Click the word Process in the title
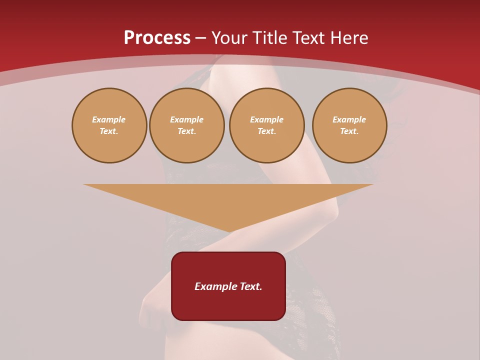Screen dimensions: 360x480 (x=157, y=38)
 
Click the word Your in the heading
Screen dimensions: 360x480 (x=229, y=38)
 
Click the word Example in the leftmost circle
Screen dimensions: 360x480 (x=109, y=119)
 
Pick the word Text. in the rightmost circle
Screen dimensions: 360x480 (x=349, y=131)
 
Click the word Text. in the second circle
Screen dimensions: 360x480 (x=187, y=131)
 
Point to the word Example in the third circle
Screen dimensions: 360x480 (x=267, y=119)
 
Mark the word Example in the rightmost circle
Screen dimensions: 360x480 (x=349, y=119)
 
